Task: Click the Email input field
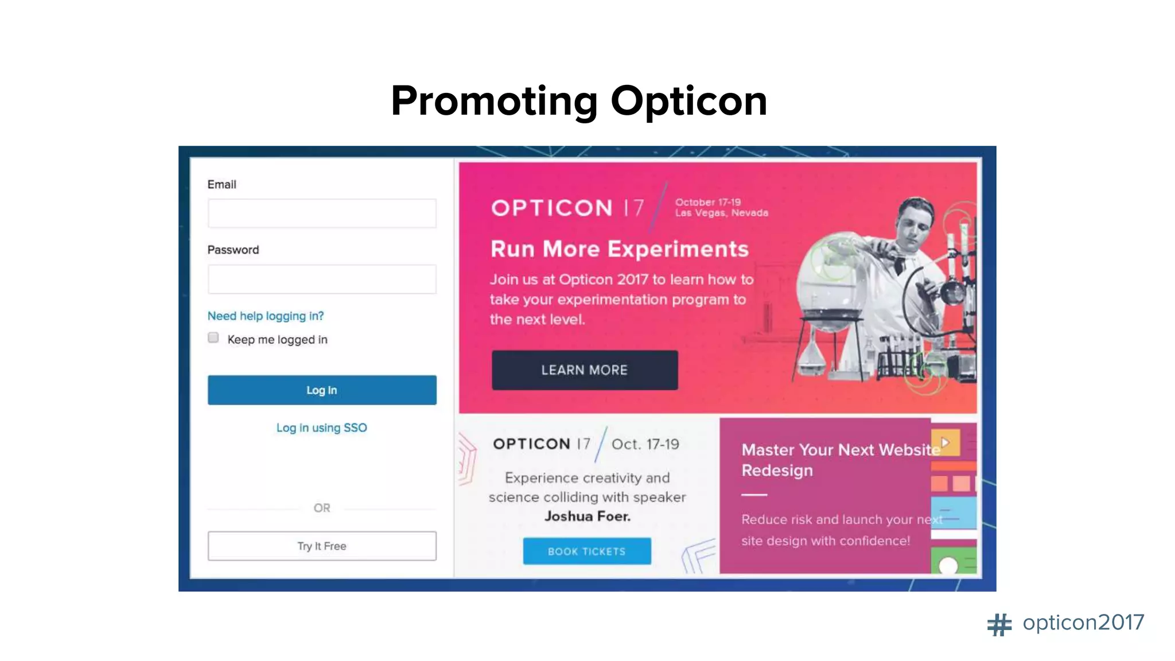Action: [322, 213]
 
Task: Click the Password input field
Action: [322, 279]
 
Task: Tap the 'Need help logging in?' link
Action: [266, 316]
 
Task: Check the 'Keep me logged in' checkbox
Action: [213, 338]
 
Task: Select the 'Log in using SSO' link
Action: [321, 428]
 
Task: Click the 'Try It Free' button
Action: [322, 546]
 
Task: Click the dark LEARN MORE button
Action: [585, 370]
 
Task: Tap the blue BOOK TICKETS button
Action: [587, 551]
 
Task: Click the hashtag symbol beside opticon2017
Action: [999, 624]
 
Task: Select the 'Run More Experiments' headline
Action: [620, 249]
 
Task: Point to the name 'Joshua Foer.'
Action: [587, 516]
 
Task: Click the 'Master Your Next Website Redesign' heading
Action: [838, 460]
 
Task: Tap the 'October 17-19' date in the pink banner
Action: [708, 202]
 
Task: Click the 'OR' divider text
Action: [322, 508]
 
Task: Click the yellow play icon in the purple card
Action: [946, 442]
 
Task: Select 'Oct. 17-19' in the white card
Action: [645, 445]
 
